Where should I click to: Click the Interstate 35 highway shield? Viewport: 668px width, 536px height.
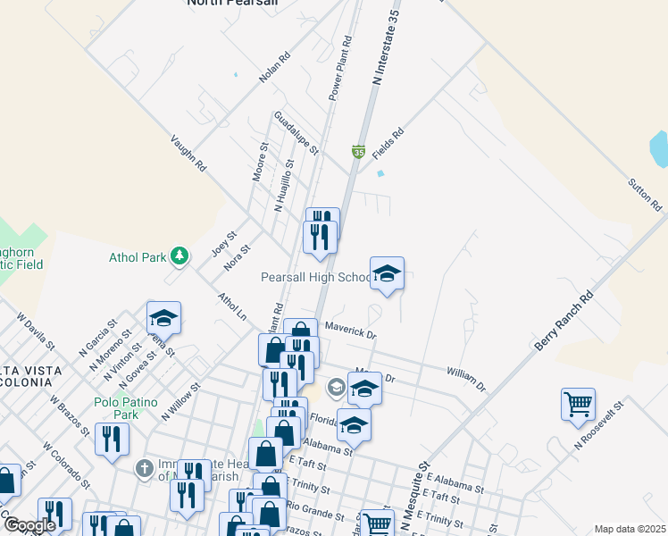click(x=358, y=153)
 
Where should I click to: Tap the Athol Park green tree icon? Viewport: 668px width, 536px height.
click(x=180, y=257)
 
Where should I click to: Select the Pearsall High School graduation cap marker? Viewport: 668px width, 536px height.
click(x=387, y=274)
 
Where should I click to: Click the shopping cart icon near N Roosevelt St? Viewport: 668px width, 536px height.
click(x=578, y=405)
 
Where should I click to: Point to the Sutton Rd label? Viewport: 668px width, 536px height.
click(x=644, y=194)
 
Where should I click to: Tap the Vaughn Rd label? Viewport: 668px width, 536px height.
click(x=188, y=153)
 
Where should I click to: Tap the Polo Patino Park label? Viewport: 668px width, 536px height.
click(x=117, y=408)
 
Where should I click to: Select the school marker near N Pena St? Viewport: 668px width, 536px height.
click(x=163, y=318)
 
